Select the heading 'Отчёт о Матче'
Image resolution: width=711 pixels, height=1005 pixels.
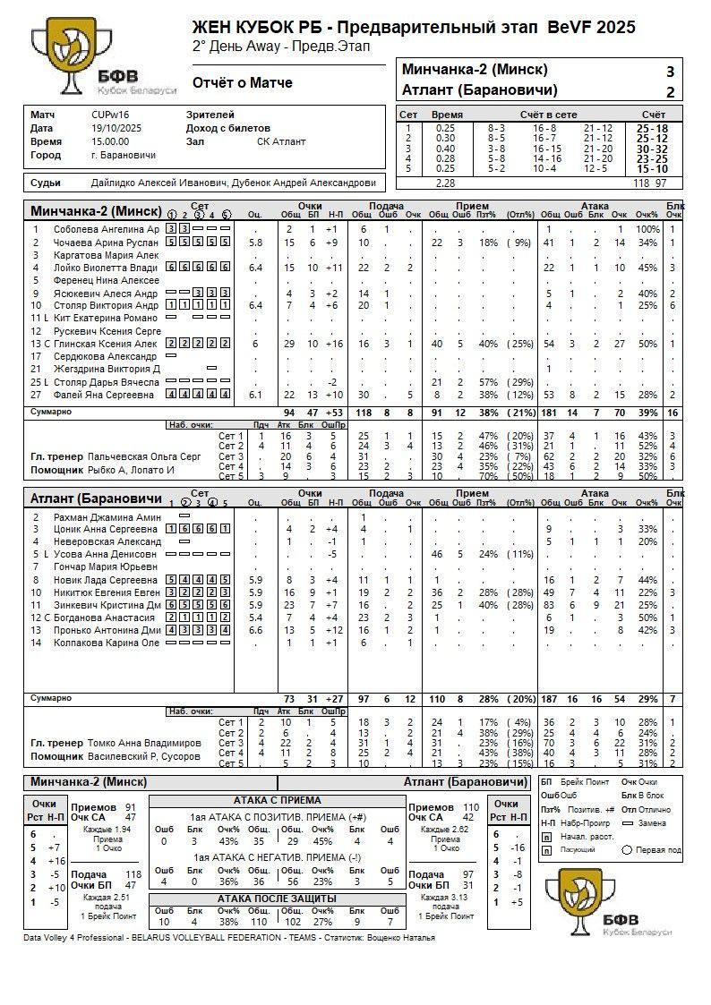[x=243, y=83]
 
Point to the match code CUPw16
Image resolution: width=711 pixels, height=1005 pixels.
[x=110, y=115]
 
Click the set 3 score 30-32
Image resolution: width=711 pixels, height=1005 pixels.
[x=651, y=149]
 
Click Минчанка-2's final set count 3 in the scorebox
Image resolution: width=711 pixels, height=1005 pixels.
[x=670, y=72]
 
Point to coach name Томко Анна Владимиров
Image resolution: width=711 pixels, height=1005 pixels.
[x=144, y=743]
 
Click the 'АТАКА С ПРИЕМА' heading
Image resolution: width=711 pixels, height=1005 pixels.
[x=277, y=800]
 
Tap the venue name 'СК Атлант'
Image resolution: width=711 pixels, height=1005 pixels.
[x=281, y=141]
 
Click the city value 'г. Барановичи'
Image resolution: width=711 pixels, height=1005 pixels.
[x=123, y=155]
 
